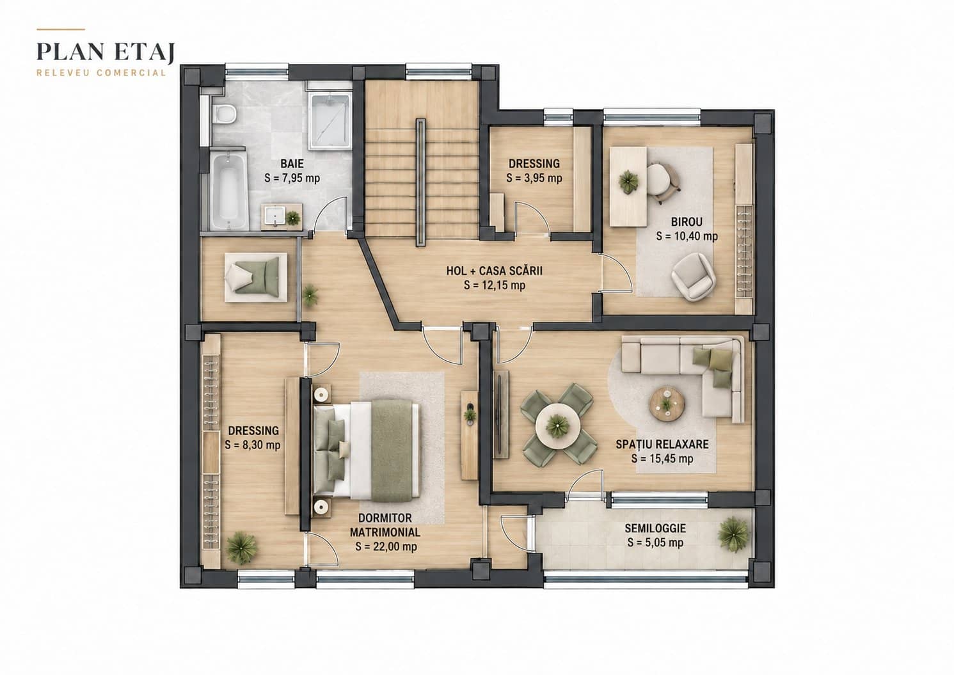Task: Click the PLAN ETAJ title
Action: pos(106,52)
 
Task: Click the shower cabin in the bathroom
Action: pos(330,121)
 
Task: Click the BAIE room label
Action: pos(292,164)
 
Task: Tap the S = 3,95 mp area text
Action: pos(534,178)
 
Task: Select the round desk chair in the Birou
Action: pos(662,182)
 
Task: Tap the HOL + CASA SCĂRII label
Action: pos(495,271)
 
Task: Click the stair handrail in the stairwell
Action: pos(420,182)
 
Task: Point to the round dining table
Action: pos(557,424)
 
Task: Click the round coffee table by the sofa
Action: pos(667,403)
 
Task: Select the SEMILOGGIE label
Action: pos(655,528)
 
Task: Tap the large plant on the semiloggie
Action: pos(733,534)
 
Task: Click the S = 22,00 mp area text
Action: pos(386,546)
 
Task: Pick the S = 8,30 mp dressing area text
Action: pos(253,445)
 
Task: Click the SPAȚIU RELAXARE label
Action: pos(662,444)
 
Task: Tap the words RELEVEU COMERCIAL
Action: pos(101,73)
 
